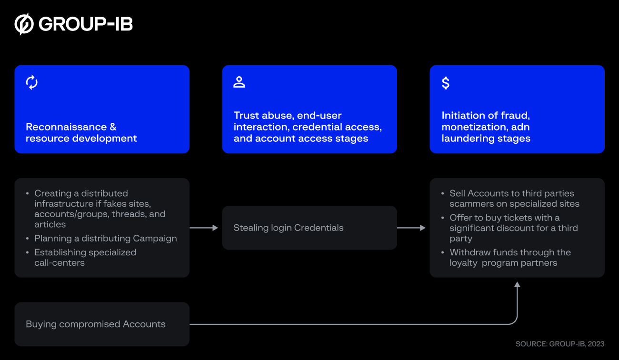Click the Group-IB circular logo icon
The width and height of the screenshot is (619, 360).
point(24,24)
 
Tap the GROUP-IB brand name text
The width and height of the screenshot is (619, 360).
point(86,24)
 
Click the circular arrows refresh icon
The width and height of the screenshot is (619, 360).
point(32,82)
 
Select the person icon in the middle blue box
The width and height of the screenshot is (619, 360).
point(239,82)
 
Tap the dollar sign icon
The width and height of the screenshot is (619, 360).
point(446,83)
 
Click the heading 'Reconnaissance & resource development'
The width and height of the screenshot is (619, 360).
point(81,133)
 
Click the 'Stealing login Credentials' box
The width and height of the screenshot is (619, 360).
point(309,228)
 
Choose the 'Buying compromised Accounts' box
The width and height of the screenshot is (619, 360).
point(102,324)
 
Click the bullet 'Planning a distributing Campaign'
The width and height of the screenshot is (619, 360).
point(105,239)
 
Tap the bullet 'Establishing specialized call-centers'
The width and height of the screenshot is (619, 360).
point(85,257)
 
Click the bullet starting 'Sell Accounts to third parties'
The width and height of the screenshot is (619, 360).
point(514,199)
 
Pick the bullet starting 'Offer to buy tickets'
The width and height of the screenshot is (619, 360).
point(513,228)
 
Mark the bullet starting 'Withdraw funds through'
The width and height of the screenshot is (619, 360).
point(509,258)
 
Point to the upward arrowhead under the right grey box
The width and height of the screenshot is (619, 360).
point(517,285)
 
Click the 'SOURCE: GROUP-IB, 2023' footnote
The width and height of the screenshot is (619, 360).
point(559,344)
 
